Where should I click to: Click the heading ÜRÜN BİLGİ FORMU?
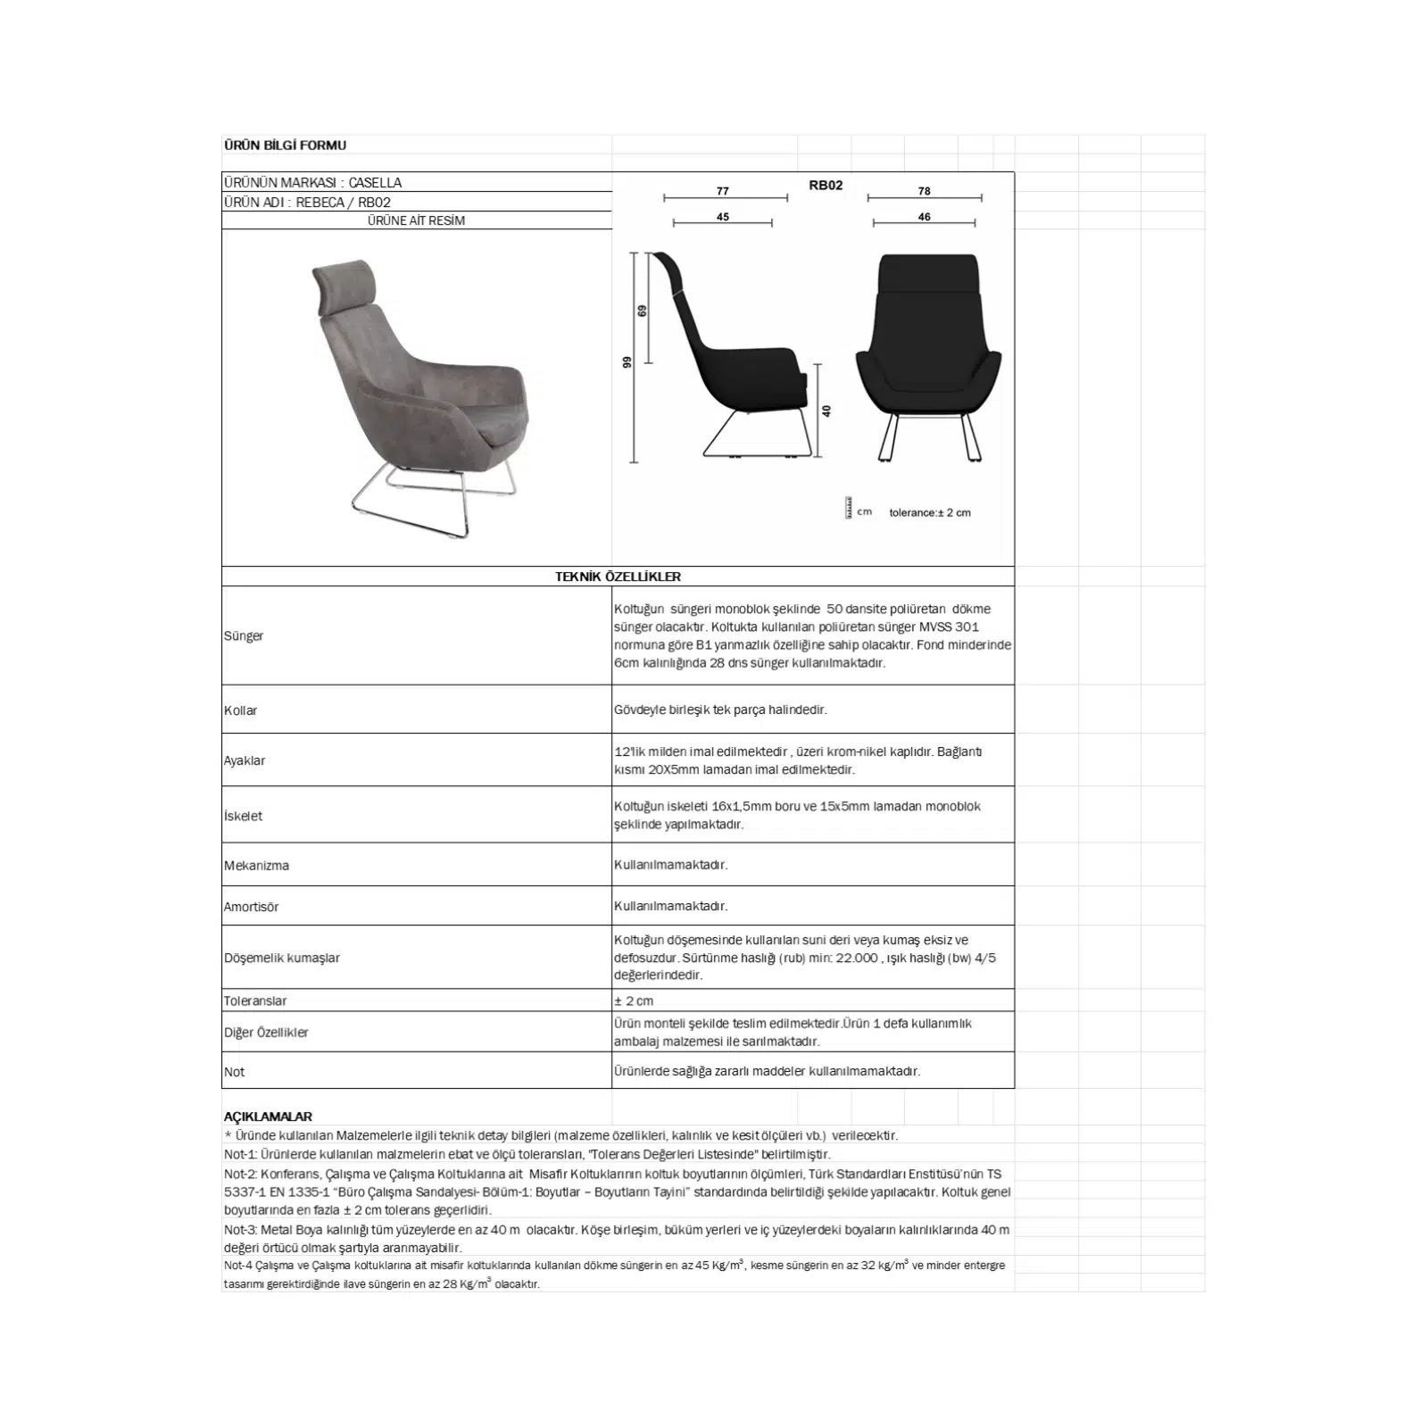pos(285,145)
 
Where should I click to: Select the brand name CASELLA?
pos(375,182)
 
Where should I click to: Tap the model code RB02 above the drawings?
pos(826,186)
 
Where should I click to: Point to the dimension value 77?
pos(723,191)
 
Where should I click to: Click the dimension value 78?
pos(924,191)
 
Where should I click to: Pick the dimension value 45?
pos(723,217)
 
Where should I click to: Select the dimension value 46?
pos(924,217)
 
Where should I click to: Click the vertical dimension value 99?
pos(627,361)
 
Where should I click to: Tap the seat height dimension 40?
pos(827,411)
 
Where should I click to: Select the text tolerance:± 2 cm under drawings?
pos(929,513)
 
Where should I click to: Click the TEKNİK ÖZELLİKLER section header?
pos(618,577)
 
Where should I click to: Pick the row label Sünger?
pos(244,636)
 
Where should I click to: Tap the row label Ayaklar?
pos(245,760)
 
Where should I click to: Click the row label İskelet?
pos(243,816)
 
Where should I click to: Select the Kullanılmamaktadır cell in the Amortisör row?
pos(670,906)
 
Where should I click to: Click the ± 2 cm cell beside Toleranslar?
pos(634,1000)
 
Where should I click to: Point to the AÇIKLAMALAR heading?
pos(268,1117)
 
